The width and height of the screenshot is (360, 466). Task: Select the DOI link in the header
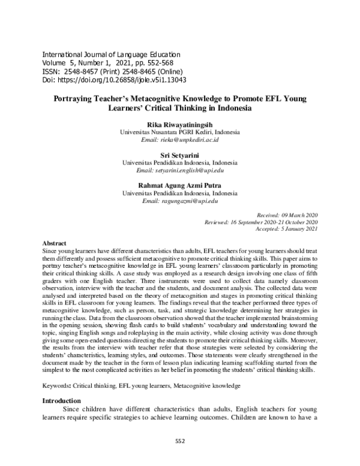click(117, 79)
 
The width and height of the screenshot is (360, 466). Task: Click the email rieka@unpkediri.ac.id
click(179, 139)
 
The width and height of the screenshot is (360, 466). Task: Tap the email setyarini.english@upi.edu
click(179, 170)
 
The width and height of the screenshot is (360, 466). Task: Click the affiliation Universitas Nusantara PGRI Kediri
click(179, 132)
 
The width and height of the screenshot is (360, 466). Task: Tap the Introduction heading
click(61, 401)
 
